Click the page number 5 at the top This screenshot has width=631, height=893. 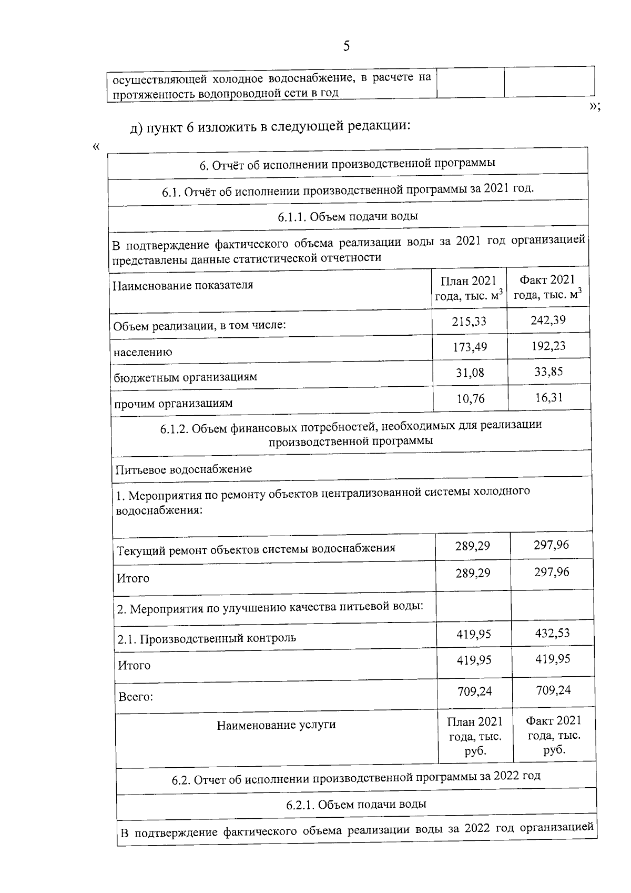coord(346,46)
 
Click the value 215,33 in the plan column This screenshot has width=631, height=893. coord(469,320)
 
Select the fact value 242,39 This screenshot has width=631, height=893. coord(548,320)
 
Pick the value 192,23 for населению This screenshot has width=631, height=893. coord(548,346)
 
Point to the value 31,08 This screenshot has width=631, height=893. coord(470,373)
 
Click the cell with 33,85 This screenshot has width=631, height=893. coord(549,372)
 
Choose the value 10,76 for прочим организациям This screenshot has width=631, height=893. coord(471,398)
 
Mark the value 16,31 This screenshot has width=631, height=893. coord(549,397)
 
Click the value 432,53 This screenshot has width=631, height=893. coord(552,633)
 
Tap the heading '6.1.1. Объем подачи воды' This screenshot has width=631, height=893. coord(348,217)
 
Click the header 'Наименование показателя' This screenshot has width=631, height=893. coord(183,285)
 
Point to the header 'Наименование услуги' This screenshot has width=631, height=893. coord(276,725)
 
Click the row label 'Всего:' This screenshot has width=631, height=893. coord(136,697)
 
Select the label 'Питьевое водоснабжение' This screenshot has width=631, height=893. coord(184,469)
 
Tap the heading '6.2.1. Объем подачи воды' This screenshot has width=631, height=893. coord(356,804)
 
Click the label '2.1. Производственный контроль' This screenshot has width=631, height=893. coord(207,639)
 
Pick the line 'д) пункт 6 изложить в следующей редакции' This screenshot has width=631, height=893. coord(270,126)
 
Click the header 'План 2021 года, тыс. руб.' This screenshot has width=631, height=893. coord(475,736)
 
